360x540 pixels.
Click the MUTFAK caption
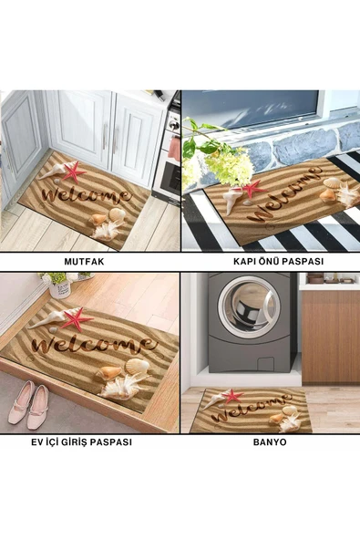[84, 262]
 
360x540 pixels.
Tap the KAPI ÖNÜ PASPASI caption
[279, 261]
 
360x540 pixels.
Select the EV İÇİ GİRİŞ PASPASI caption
[81, 441]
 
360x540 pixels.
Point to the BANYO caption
[270, 441]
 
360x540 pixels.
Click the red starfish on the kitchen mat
[74, 171]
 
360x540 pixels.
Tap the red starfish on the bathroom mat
[232, 396]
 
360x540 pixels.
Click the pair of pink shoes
[29, 404]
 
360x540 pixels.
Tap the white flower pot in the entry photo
[60, 288]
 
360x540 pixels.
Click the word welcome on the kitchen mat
[86, 195]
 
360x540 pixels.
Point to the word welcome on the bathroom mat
[252, 409]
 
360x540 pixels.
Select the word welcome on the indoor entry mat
[94, 345]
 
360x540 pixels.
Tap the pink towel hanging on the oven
[175, 149]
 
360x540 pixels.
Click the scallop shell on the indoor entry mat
[137, 367]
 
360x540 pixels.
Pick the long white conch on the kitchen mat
[54, 171]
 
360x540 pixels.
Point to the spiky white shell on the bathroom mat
[290, 422]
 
